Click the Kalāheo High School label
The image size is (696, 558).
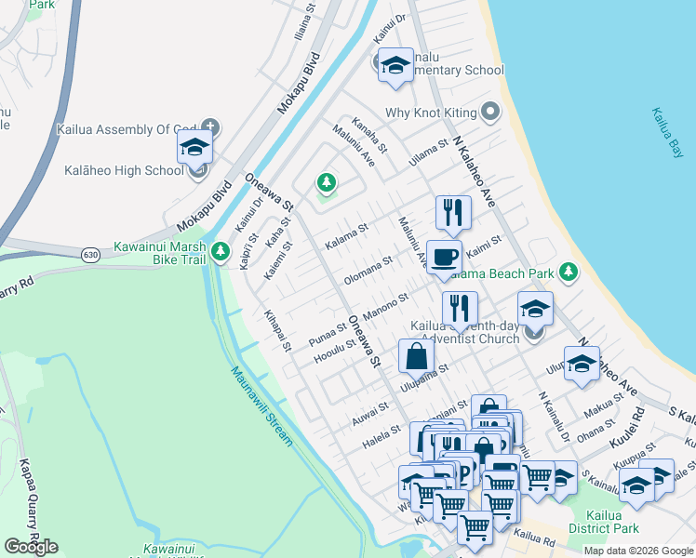124,170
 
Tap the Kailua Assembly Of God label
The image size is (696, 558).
127,129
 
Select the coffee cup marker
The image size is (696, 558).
444,256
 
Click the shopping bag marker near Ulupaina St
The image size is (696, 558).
416,355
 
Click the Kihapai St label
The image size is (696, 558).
277,331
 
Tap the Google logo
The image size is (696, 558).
31,547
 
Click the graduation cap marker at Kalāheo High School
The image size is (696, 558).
194,147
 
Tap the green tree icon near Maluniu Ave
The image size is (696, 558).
326,180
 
